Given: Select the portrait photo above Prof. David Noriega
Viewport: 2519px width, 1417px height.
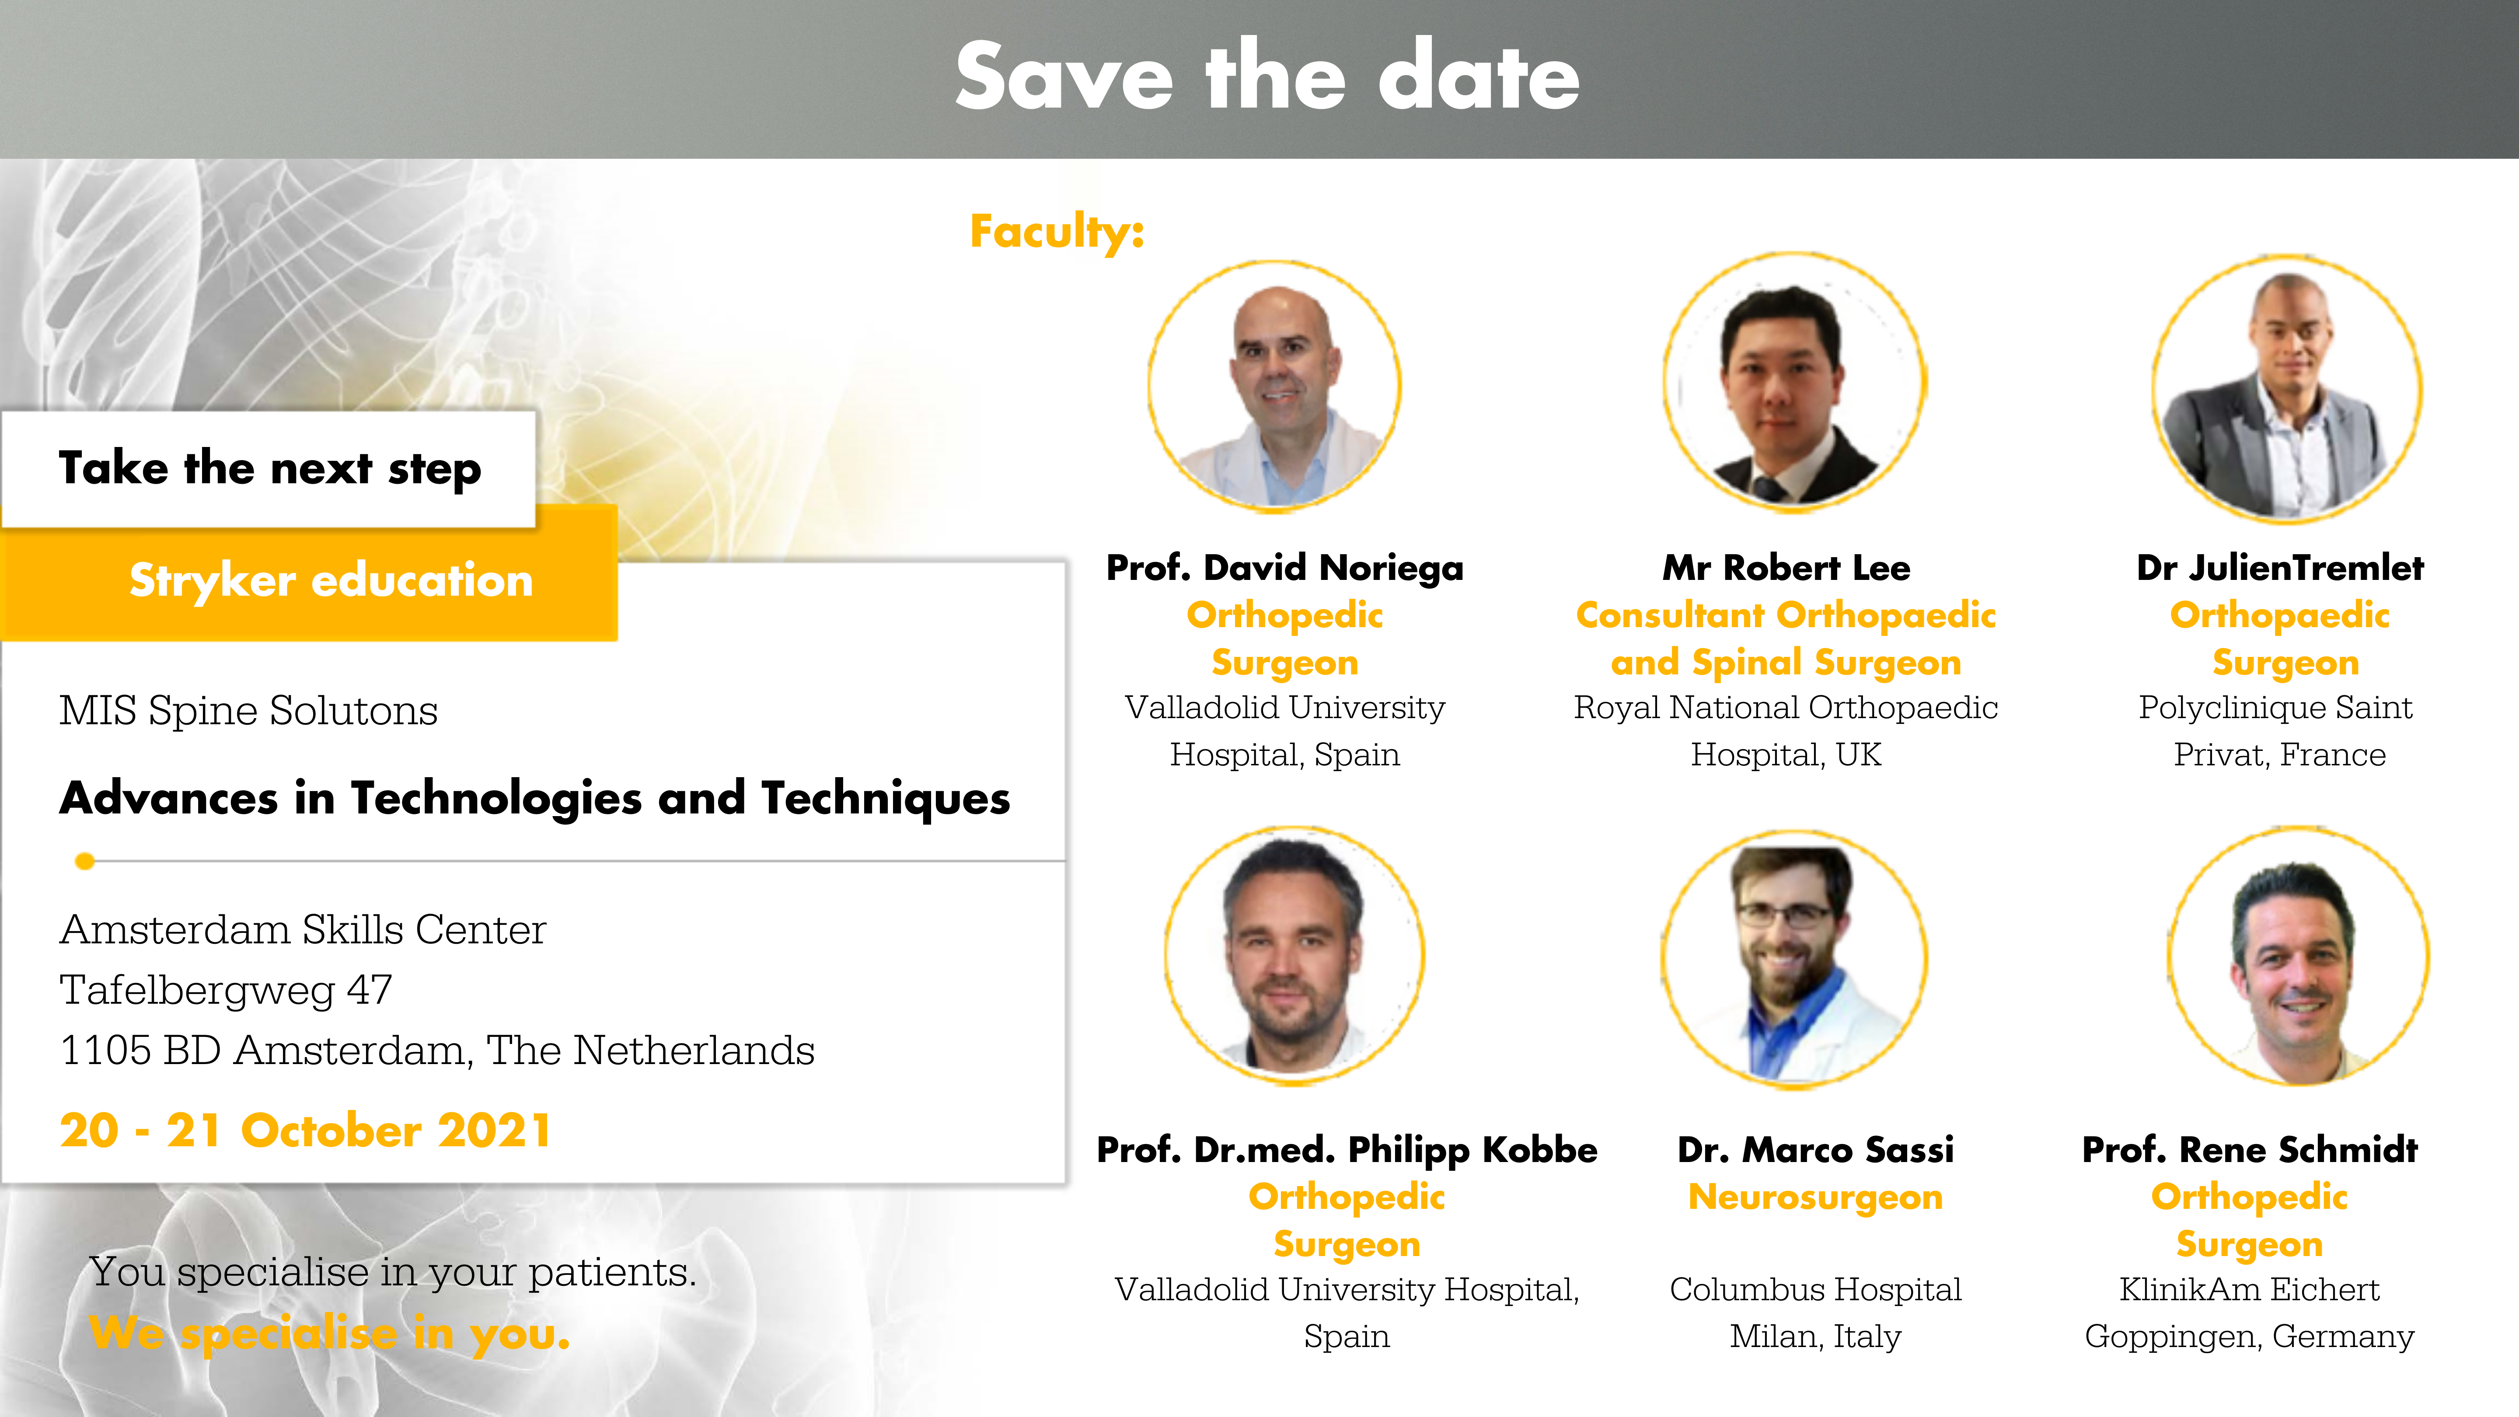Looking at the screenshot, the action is (x=1274, y=386).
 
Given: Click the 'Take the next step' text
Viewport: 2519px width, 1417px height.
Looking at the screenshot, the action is (x=270, y=468).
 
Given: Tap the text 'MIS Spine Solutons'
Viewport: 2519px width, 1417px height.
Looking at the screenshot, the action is (x=248, y=710).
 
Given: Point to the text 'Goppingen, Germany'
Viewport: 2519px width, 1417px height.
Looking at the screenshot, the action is (x=2249, y=1336).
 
